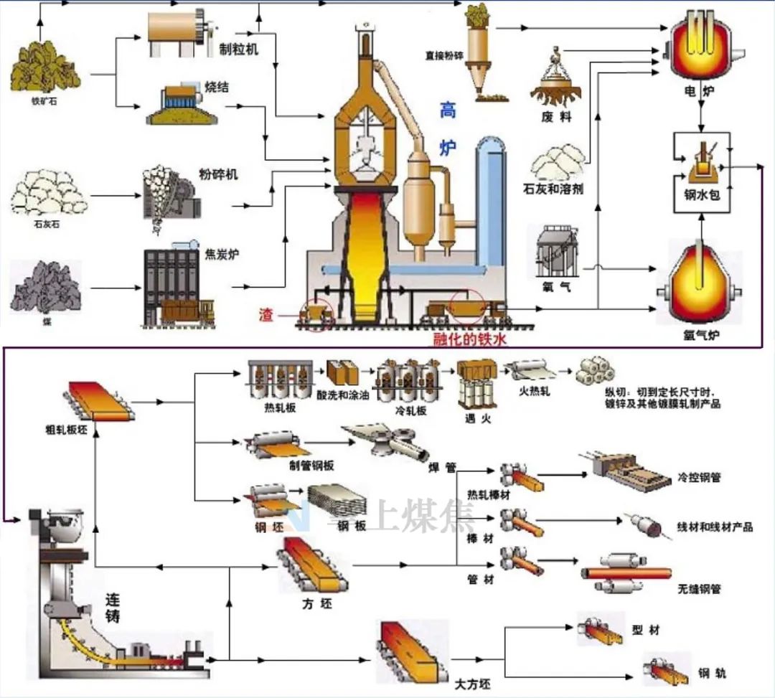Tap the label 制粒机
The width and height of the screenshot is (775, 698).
(x=238, y=49)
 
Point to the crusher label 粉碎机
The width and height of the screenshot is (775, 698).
(x=218, y=174)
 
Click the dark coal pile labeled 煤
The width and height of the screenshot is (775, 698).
(x=47, y=285)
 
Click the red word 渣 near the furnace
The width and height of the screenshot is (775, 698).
(x=267, y=314)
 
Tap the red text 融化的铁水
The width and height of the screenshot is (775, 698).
(x=470, y=339)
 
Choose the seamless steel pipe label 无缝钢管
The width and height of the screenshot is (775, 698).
(x=699, y=590)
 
